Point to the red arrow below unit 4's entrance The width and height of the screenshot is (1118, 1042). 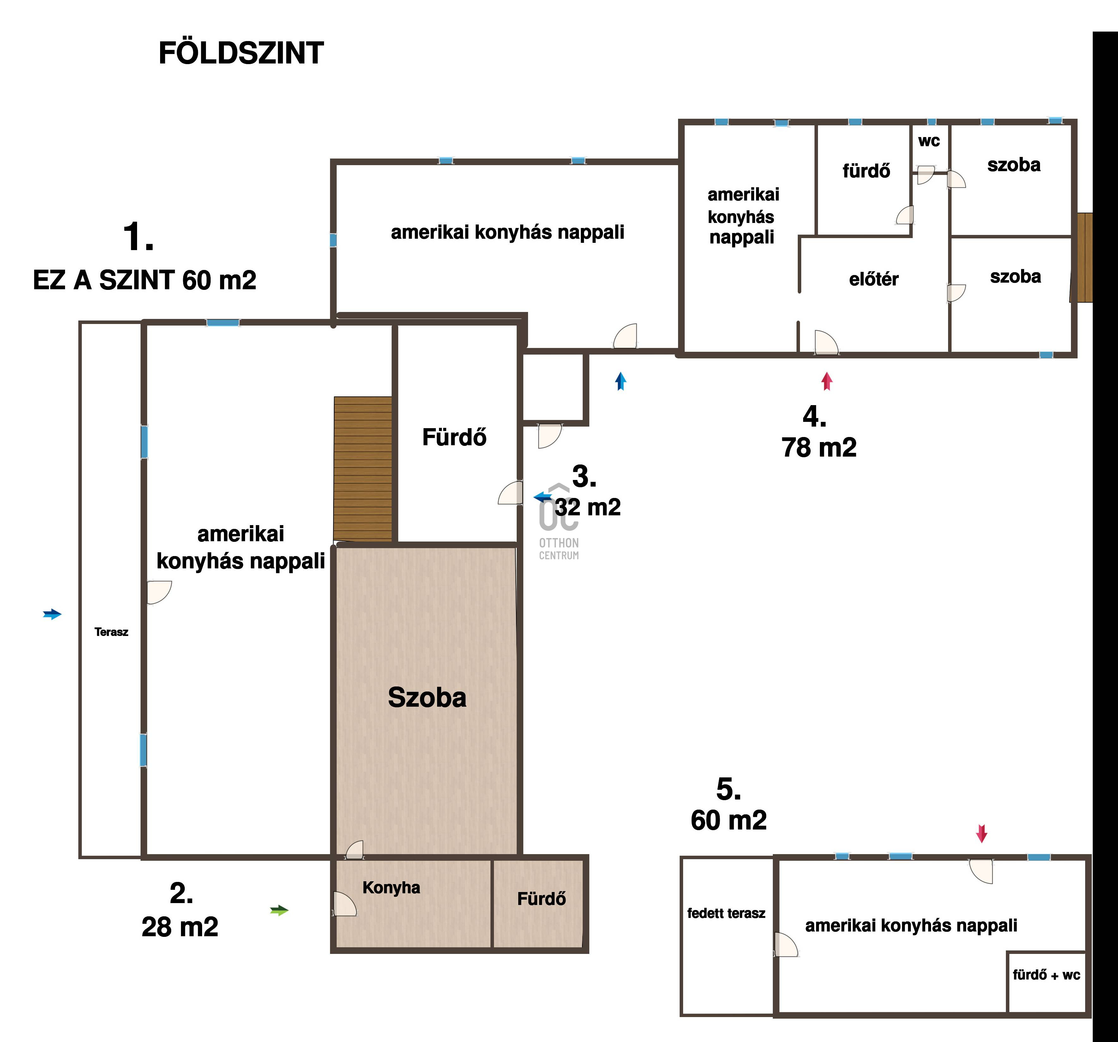click(826, 381)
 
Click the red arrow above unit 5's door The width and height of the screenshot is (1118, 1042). click(981, 833)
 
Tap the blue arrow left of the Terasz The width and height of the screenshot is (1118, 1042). click(52, 614)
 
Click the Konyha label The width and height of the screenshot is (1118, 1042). click(391, 888)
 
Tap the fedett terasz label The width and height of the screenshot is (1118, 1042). click(726, 913)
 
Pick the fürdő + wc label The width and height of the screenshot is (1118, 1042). click(1046, 975)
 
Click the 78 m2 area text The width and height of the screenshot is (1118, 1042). click(819, 448)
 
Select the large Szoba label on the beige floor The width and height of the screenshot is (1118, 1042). click(427, 698)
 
